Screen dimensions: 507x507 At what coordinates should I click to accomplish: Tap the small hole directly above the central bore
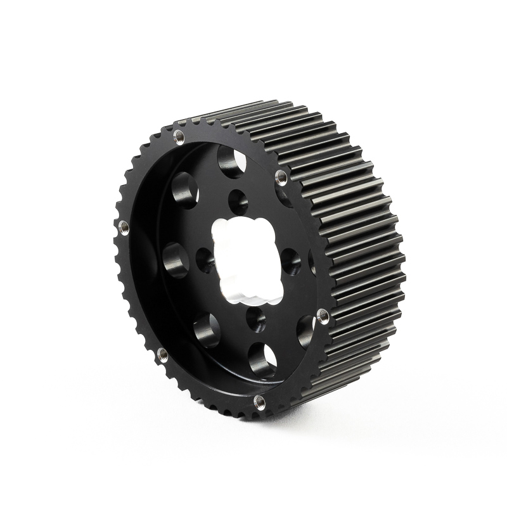coord(238,202)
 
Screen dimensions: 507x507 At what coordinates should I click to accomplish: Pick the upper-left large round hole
coord(185,189)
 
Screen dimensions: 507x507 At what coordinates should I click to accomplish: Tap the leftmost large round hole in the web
coord(176,260)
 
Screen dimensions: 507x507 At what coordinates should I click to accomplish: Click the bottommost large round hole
coord(263,361)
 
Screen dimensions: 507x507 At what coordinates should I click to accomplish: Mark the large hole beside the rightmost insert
coord(305,330)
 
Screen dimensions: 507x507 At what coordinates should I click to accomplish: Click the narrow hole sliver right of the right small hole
coord(312,262)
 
